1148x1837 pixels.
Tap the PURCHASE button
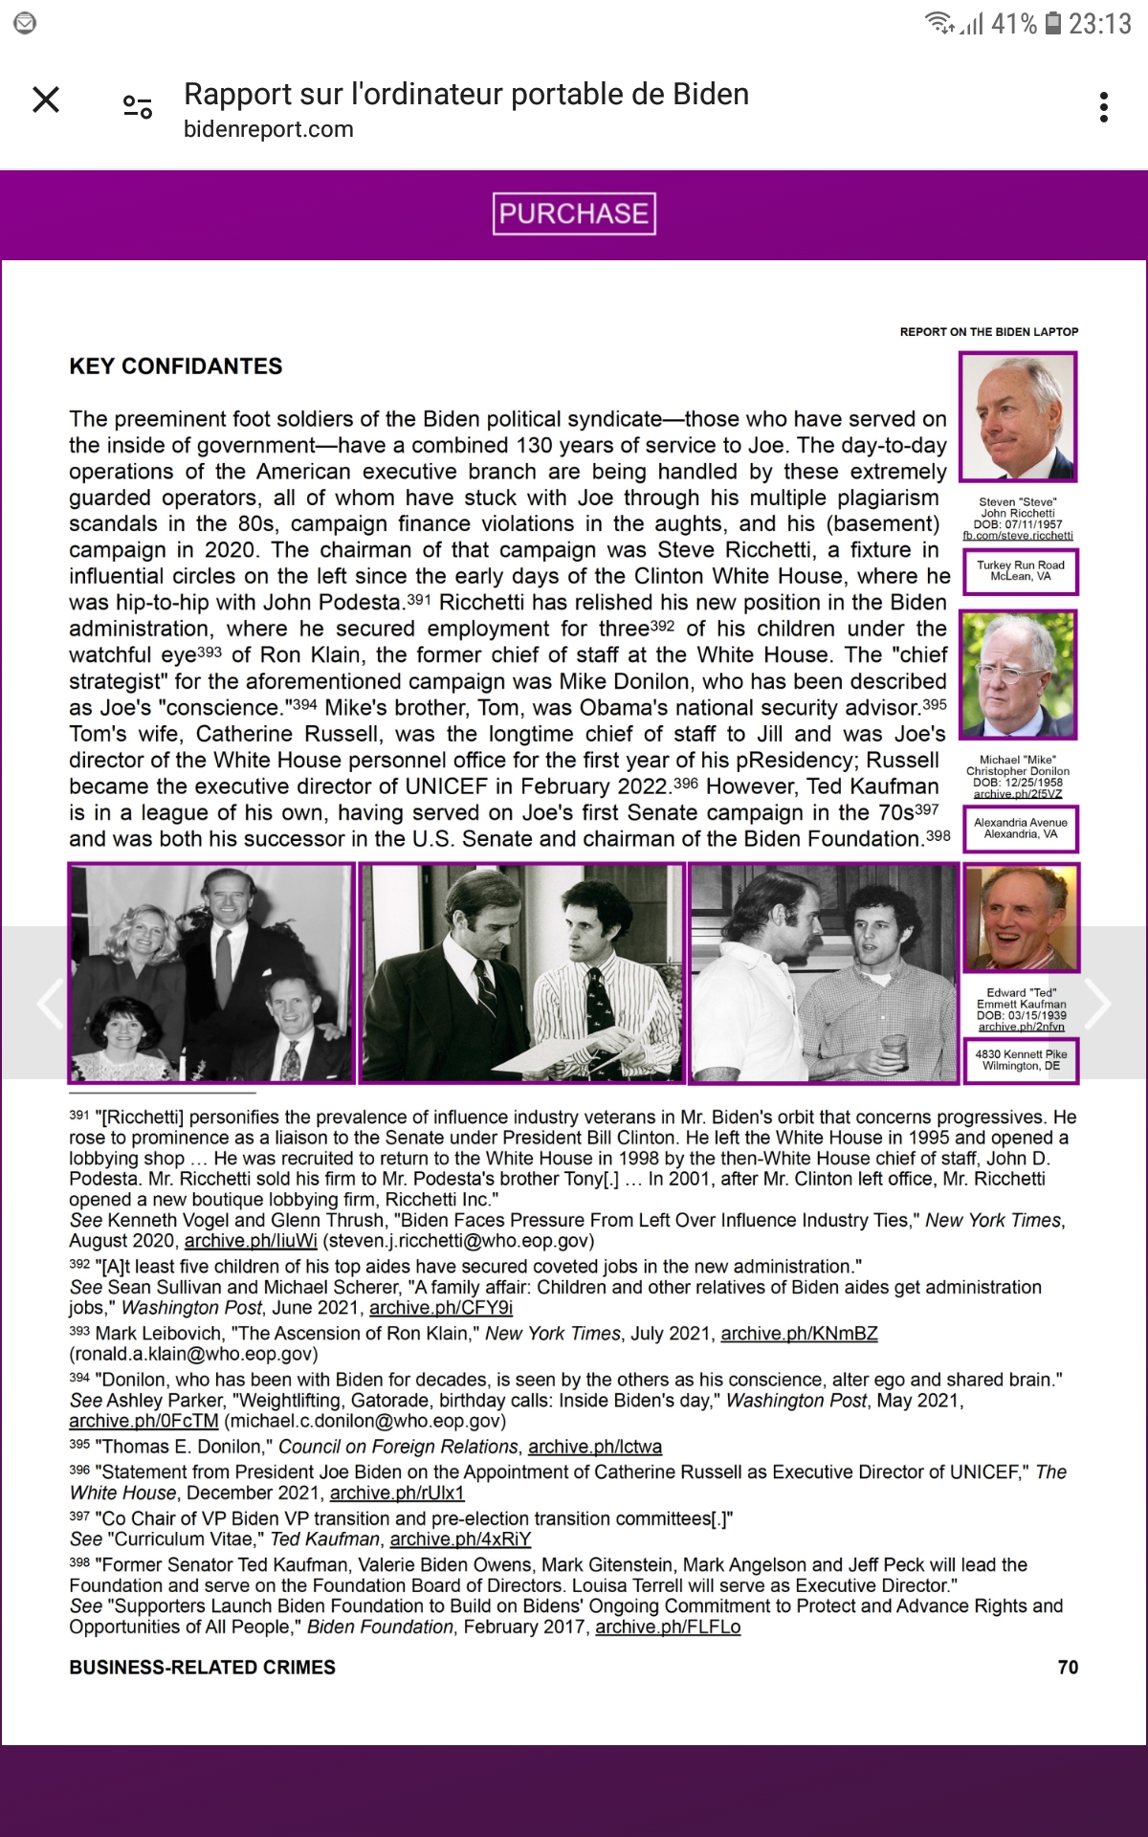click(x=574, y=213)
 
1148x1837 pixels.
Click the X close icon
click(x=46, y=100)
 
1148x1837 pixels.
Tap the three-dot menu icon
click(x=1104, y=107)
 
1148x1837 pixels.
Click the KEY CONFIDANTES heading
click(x=176, y=366)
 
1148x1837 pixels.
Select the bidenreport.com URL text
click(x=269, y=129)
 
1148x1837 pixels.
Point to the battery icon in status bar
click(x=1052, y=23)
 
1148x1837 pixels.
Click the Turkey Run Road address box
click(x=1021, y=571)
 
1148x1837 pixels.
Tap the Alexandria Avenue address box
click(x=1021, y=829)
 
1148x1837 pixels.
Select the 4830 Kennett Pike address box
click(x=1021, y=1060)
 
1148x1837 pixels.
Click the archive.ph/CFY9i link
click(x=441, y=1308)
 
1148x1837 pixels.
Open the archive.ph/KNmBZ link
click(x=799, y=1334)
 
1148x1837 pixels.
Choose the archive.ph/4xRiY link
click(x=460, y=1539)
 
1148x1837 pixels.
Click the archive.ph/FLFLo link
click(x=668, y=1627)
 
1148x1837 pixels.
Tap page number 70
click(x=1068, y=1668)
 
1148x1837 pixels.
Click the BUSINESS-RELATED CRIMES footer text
click(x=202, y=1668)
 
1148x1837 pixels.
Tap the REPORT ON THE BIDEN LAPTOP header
click(x=988, y=332)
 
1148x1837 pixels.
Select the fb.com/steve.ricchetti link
click(x=1018, y=536)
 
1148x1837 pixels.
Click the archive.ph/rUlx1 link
click(x=397, y=1494)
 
